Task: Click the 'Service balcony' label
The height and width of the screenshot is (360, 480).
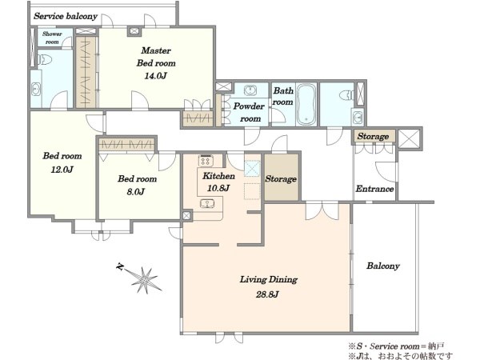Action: coord(66,16)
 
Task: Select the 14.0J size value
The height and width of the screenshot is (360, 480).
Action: coord(155,77)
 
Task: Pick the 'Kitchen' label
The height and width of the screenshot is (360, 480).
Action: coord(218,175)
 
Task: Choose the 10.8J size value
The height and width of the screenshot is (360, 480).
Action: coord(217,188)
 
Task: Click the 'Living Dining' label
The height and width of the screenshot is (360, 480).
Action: coord(269,280)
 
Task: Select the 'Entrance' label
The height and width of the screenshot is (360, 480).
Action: coord(374,190)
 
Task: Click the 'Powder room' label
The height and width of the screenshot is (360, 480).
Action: coord(246,112)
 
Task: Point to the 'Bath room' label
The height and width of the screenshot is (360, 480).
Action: coord(283,96)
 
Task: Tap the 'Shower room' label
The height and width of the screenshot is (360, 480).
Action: coord(52,37)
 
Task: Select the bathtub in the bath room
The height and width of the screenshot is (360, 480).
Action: coord(306,105)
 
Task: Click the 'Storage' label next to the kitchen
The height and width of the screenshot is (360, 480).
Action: coord(281,178)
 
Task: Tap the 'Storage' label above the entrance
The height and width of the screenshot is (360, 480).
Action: coord(373,137)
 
